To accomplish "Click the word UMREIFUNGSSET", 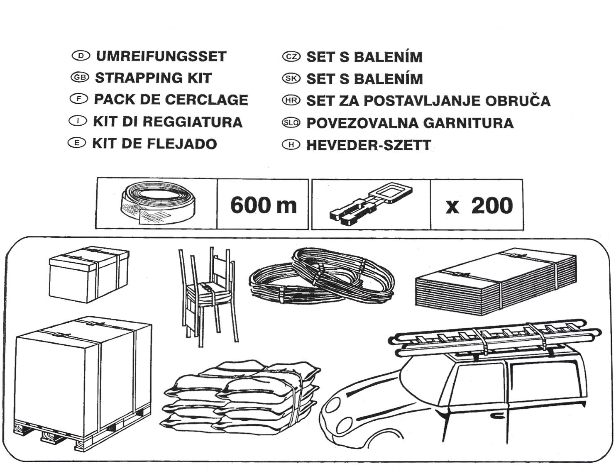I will tap(161, 56).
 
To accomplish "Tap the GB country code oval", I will tap(80, 77).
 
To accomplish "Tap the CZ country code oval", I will tap(291, 56).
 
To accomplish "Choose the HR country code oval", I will tap(291, 100).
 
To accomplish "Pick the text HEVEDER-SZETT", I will tap(368, 145).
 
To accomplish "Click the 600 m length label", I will tap(263, 205).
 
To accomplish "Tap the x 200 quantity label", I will tap(479, 205).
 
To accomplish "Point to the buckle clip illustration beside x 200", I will tap(371, 204).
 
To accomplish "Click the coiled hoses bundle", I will tap(322, 276).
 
